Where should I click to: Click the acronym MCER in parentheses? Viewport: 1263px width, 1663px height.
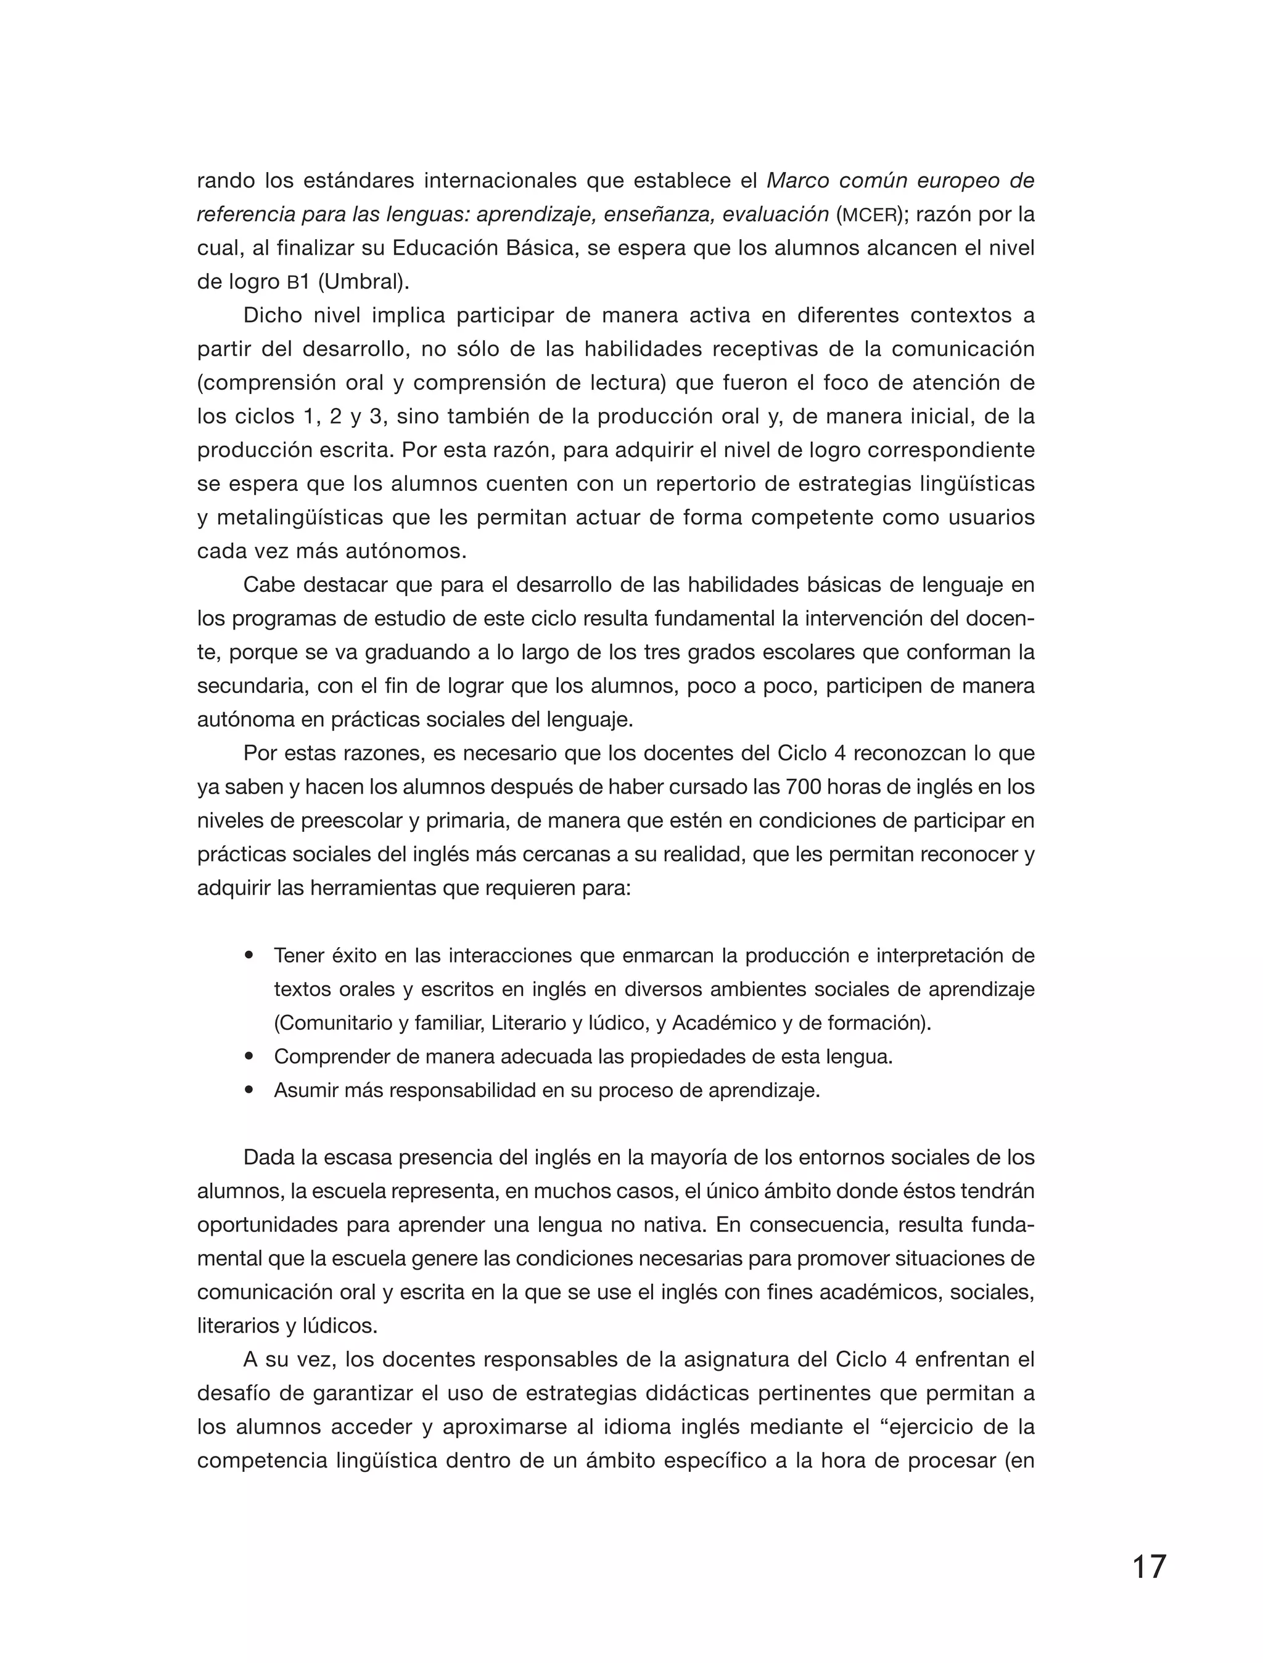point(868,216)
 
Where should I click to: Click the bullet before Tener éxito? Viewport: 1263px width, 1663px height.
point(249,956)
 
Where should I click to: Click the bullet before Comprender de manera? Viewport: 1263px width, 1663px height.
point(249,1056)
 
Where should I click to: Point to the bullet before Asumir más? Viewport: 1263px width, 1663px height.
point(249,1090)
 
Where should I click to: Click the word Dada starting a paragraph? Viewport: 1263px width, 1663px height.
point(269,1158)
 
